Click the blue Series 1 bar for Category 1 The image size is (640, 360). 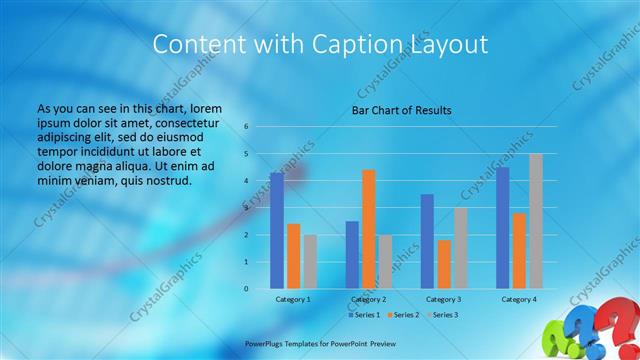276,231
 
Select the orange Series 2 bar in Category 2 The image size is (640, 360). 369,229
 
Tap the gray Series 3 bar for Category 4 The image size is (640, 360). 536,221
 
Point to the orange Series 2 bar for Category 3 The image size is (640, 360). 444,264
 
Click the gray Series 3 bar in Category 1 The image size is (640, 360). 310,261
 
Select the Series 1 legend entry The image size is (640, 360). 363,315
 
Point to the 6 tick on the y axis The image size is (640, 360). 246,127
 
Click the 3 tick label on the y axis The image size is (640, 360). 246,208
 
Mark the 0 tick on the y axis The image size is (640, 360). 246,289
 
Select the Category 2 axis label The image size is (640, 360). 369,299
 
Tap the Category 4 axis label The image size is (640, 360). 519,299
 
